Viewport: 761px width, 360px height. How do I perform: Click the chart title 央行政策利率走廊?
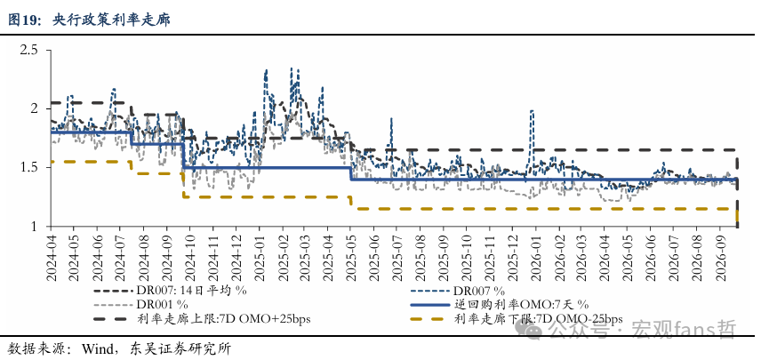[x=112, y=20]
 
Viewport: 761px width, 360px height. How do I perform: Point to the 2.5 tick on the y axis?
[x=28, y=50]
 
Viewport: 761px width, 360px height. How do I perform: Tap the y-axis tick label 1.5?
[x=28, y=168]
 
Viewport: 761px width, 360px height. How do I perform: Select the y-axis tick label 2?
[x=34, y=108]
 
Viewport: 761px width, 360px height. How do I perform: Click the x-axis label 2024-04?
[x=51, y=259]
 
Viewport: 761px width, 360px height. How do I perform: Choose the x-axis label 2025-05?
[x=350, y=259]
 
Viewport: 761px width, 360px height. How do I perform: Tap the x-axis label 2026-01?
[x=535, y=259]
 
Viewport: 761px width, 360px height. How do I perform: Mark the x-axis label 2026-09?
[x=719, y=259]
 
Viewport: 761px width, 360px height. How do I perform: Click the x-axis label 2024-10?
[x=188, y=259]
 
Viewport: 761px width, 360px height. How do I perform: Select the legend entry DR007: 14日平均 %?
[x=172, y=291]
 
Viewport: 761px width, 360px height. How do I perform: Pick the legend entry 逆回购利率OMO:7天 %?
[x=500, y=305]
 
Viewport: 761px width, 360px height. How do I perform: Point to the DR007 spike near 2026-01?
[x=532, y=111]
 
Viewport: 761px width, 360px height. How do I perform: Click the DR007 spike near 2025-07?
[x=391, y=118]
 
